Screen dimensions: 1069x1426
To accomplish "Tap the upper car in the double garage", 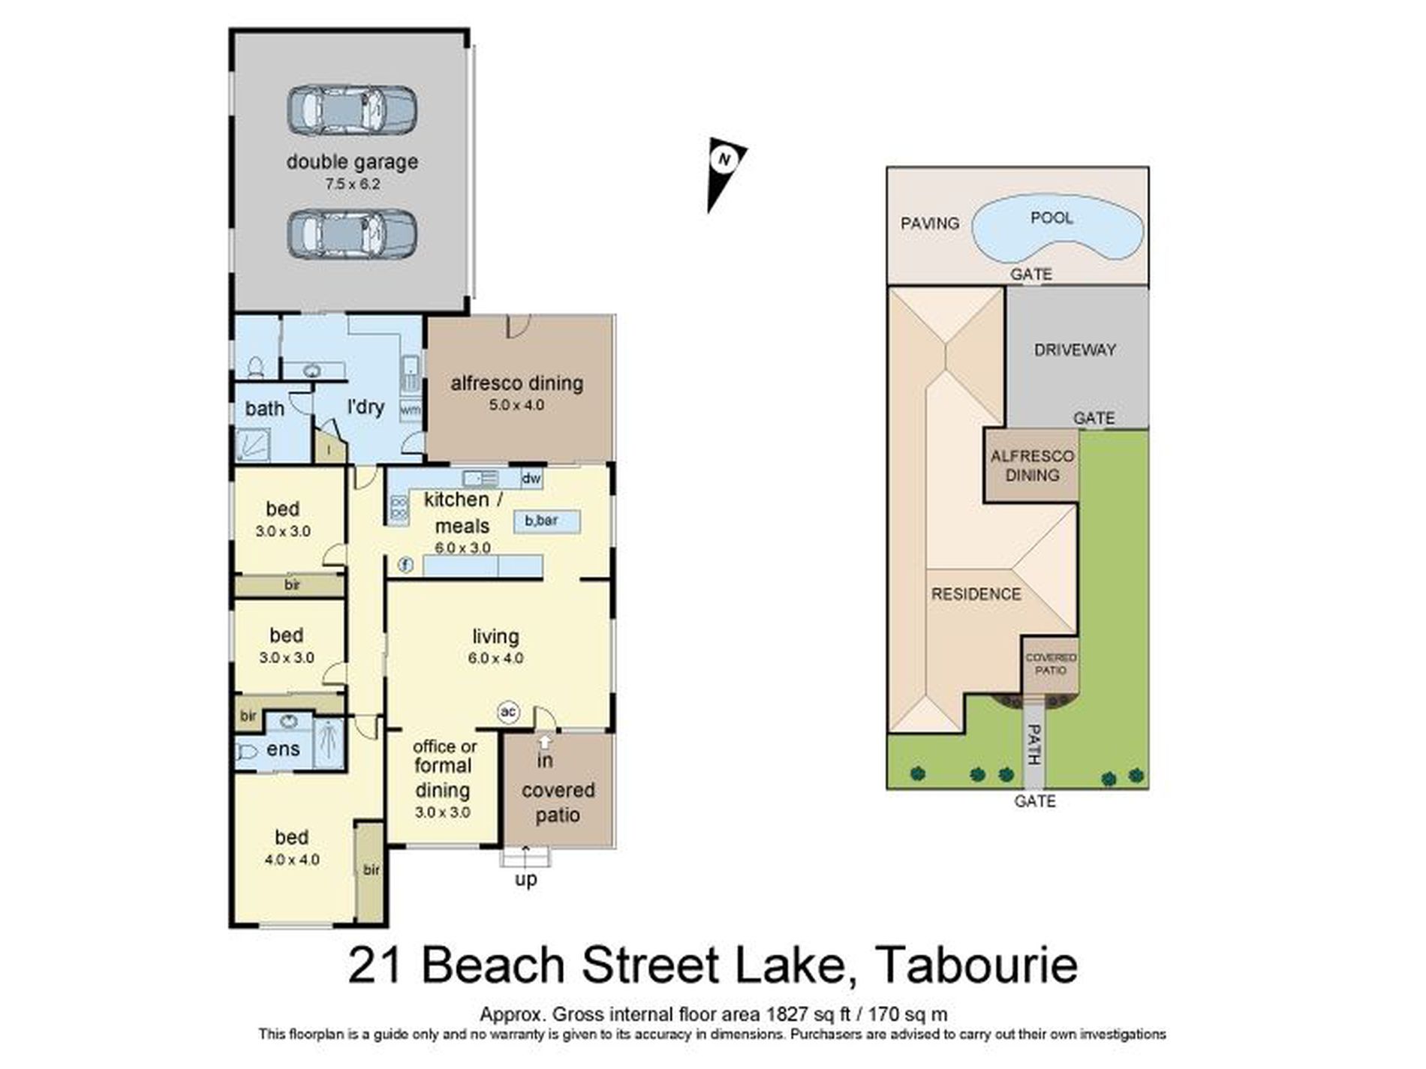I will click(352, 110).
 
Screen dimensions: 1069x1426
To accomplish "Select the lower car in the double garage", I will click(352, 234).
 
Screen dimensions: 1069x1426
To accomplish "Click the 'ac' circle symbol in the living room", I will click(508, 711).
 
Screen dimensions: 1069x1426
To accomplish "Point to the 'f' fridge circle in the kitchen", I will click(405, 565).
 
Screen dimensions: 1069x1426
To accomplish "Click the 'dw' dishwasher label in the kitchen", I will click(531, 479).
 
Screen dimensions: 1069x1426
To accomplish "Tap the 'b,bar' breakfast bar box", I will click(546, 521).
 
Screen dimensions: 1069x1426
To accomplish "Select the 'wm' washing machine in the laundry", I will click(411, 410).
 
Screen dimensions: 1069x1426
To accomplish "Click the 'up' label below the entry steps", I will click(525, 878).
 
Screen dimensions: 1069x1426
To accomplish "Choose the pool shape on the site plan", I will click(1057, 227).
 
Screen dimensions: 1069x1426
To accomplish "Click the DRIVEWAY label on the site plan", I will click(1075, 350).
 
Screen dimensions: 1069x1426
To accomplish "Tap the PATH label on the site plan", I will click(1034, 744).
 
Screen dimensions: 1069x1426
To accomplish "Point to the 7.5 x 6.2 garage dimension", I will click(352, 184).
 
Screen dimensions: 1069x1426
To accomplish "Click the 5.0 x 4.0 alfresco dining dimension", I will click(516, 405).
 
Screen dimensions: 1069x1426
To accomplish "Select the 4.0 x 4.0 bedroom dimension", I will click(292, 860).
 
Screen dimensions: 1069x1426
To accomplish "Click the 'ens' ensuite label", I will click(283, 749).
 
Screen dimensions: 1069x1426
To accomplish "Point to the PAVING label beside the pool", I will click(930, 224).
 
